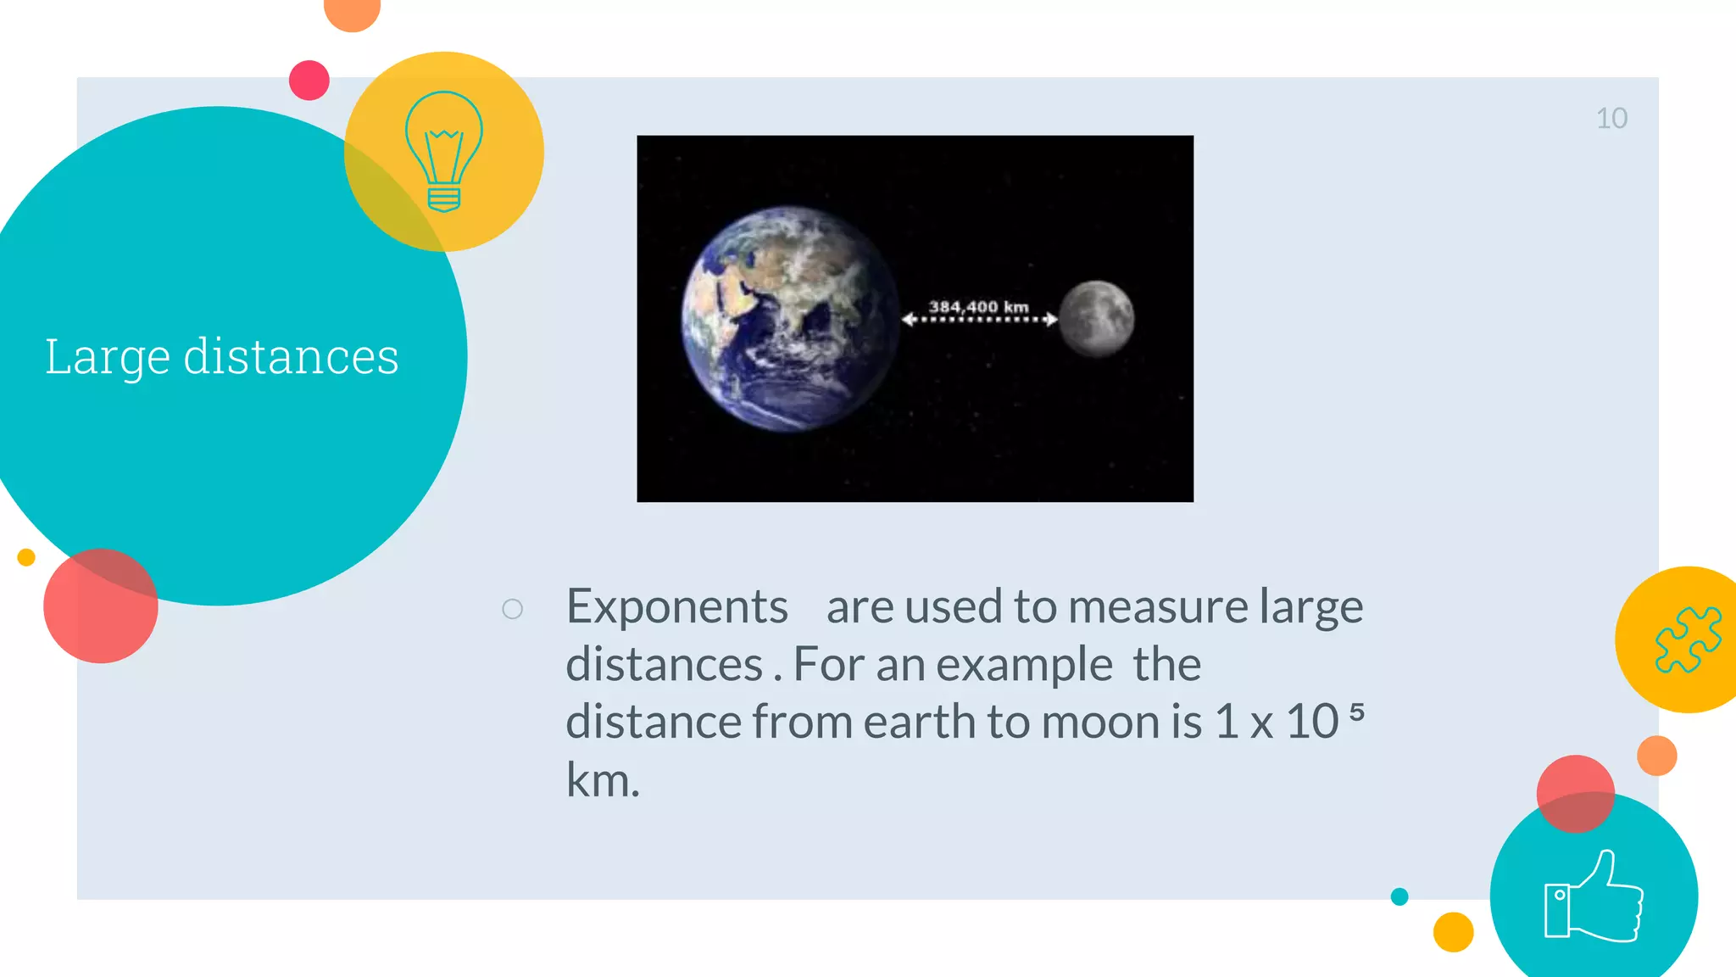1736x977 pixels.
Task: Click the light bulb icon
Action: point(443,151)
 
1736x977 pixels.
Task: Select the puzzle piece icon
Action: point(1687,639)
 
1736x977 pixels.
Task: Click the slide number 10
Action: point(1611,119)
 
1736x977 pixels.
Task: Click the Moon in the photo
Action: point(1096,318)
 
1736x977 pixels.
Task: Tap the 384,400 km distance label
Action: point(978,306)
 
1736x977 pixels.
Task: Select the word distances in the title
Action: point(291,357)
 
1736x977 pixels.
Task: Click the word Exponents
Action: point(676,607)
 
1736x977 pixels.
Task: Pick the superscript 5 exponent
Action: point(1356,711)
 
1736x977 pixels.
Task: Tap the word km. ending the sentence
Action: point(602,780)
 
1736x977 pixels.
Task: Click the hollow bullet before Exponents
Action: point(512,609)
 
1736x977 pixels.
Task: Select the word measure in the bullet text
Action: point(1157,607)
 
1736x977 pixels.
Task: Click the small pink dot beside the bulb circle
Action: point(309,81)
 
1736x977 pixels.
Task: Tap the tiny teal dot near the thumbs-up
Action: point(1399,896)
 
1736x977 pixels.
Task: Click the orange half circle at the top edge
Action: point(352,12)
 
